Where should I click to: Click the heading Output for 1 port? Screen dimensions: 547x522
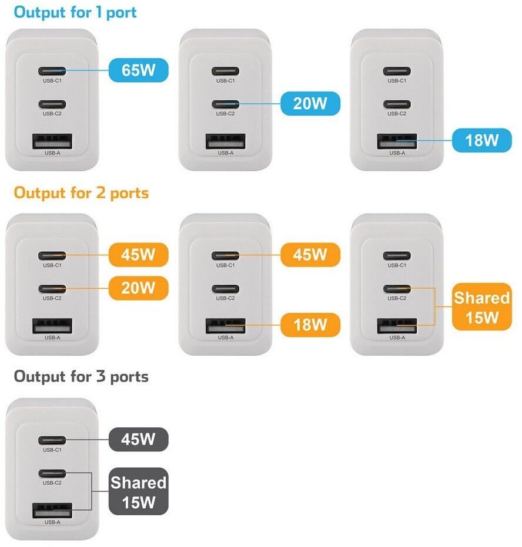tap(75, 12)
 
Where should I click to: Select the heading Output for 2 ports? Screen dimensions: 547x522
tap(81, 193)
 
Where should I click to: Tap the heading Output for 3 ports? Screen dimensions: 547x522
tap(81, 376)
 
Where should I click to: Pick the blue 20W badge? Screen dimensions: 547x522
tap(310, 104)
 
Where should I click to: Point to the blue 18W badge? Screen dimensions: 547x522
tap(481, 141)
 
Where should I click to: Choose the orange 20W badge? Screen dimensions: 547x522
tap(139, 288)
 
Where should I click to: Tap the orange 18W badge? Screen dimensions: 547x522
tap(310, 325)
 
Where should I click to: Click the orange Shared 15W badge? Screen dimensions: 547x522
tap(481, 308)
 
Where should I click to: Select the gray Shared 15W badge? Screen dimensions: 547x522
tap(139, 491)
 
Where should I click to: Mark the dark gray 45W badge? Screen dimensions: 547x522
tap(139, 439)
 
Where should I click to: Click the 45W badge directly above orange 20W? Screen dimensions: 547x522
tap(139, 255)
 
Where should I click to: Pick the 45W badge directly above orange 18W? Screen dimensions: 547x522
tap(310, 255)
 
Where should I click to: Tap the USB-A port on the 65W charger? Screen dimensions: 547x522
tap(52, 141)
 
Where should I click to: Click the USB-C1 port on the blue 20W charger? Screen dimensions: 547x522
tap(225, 72)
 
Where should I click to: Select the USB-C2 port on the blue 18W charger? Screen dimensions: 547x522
tap(397, 104)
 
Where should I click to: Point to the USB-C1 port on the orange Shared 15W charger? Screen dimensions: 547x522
tap(397, 255)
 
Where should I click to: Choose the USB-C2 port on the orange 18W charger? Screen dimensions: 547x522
tap(225, 288)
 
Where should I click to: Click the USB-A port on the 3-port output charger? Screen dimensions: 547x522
tap(52, 509)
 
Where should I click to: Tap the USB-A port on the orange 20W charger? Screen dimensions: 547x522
tap(52, 325)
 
